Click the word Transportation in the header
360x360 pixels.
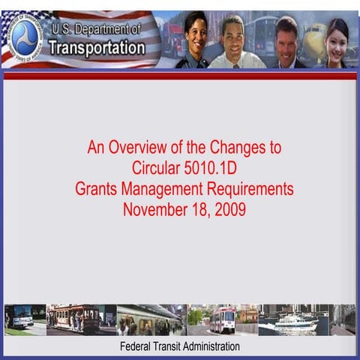pyautogui.click(x=97, y=48)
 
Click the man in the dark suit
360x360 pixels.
pyautogui.click(x=285, y=42)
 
